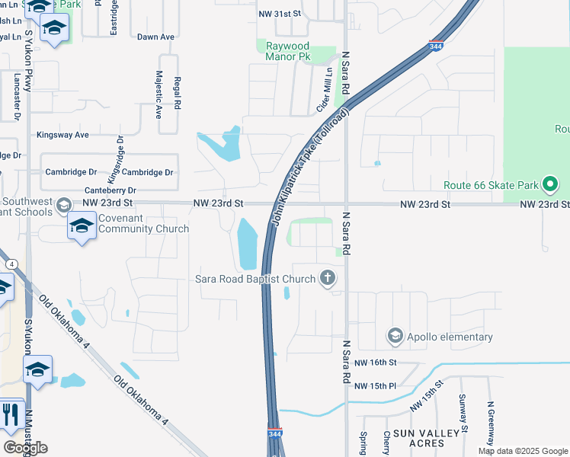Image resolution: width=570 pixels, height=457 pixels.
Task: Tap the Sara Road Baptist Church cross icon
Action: (328, 278)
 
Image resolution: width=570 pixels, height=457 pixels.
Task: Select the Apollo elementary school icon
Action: (395, 336)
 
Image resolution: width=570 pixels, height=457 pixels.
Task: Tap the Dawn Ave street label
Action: (155, 37)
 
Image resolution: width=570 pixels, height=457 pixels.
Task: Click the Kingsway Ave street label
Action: (63, 135)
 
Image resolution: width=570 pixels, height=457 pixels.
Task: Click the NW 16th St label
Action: (376, 364)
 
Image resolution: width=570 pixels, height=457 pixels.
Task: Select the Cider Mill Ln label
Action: (325, 90)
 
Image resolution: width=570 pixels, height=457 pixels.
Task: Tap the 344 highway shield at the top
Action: (437, 46)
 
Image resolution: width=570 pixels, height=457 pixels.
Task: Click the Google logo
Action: (25, 447)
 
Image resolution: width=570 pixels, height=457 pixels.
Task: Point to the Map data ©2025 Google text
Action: (522, 451)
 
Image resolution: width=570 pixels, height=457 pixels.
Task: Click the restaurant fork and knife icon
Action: (9, 414)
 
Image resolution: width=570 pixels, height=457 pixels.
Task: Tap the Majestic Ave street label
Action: (159, 95)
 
